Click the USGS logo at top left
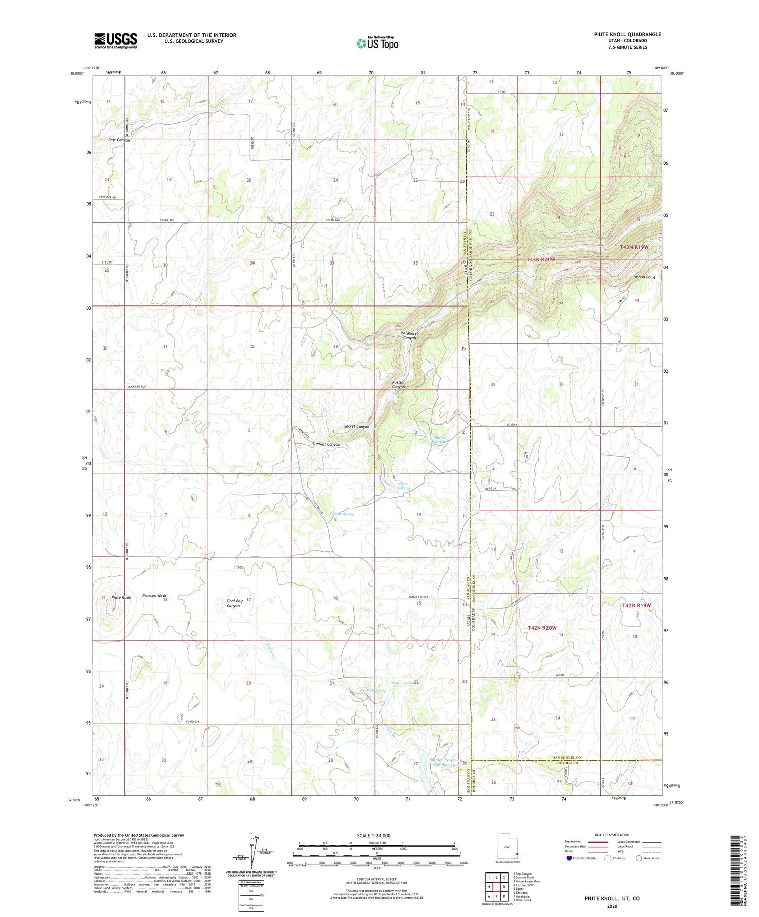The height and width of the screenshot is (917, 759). pyautogui.click(x=115, y=40)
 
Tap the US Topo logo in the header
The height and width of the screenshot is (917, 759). pyautogui.click(x=377, y=43)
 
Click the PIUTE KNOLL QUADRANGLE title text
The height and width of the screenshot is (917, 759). pyautogui.click(x=627, y=34)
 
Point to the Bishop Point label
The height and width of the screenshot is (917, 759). pyautogui.click(x=644, y=277)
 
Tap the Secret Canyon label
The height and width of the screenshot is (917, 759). pyautogui.click(x=356, y=426)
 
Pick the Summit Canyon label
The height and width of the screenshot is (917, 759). pyautogui.click(x=326, y=444)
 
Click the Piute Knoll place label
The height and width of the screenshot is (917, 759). pyautogui.click(x=121, y=597)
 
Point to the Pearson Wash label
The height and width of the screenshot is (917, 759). pyautogui.click(x=154, y=595)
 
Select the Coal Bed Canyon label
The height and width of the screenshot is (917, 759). pyautogui.click(x=234, y=603)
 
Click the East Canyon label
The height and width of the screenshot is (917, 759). pyautogui.click(x=119, y=140)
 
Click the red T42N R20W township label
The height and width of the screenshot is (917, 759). pyautogui.click(x=541, y=628)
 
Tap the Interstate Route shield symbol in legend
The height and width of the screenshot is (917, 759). pyautogui.click(x=569, y=858)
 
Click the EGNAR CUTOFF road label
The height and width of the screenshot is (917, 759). pyautogui.click(x=418, y=597)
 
